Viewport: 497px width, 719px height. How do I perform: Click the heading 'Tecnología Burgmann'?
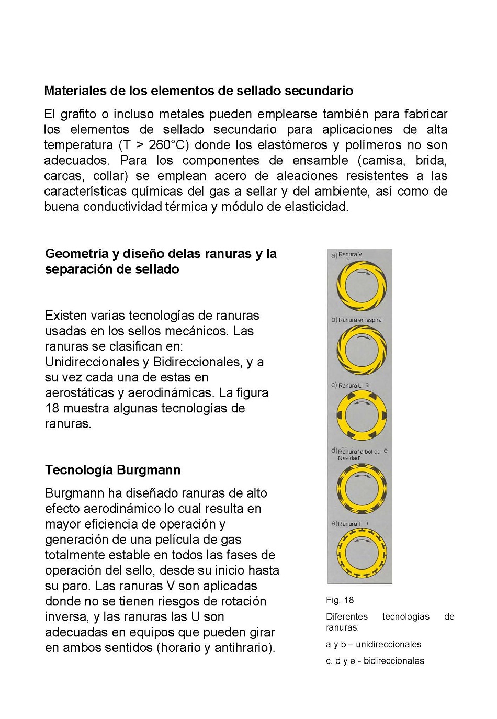tap(112, 470)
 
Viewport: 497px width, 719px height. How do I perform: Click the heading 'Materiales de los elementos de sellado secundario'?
tap(198, 91)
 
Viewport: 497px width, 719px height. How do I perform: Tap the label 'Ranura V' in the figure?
tap(350, 255)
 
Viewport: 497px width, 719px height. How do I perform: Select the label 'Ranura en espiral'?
tap(360, 320)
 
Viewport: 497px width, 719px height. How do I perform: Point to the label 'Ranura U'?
tap(350, 386)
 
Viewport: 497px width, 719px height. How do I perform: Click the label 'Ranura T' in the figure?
tap(349, 524)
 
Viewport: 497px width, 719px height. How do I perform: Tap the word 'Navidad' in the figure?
tap(349, 458)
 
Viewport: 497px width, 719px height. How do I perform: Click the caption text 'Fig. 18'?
tap(340, 600)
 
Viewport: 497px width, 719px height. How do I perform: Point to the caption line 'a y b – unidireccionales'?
tap(374, 644)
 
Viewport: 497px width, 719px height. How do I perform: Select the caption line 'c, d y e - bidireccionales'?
tap(375, 661)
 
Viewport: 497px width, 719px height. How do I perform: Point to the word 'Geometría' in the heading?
tap(77, 254)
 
